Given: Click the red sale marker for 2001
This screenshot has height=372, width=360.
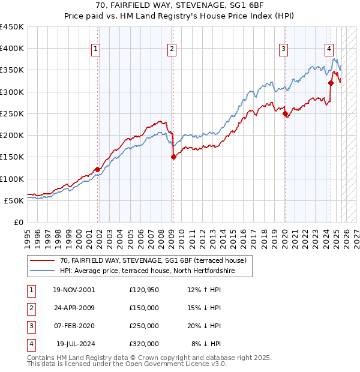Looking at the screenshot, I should [x=97, y=169].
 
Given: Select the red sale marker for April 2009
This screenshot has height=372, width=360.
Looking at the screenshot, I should [x=173, y=157].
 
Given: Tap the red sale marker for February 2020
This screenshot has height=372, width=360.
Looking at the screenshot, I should [x=284, y=113].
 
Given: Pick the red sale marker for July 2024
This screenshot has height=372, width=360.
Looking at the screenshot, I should [x=331, y=83].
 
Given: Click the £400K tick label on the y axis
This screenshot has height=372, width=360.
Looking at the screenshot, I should [x=12, y=49].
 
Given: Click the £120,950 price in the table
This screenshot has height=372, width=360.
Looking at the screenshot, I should [x=144, y=290].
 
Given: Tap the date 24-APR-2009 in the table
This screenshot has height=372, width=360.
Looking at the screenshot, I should [x=74, y=308].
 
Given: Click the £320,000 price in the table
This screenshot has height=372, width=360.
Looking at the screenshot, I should [x=144, y=344].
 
